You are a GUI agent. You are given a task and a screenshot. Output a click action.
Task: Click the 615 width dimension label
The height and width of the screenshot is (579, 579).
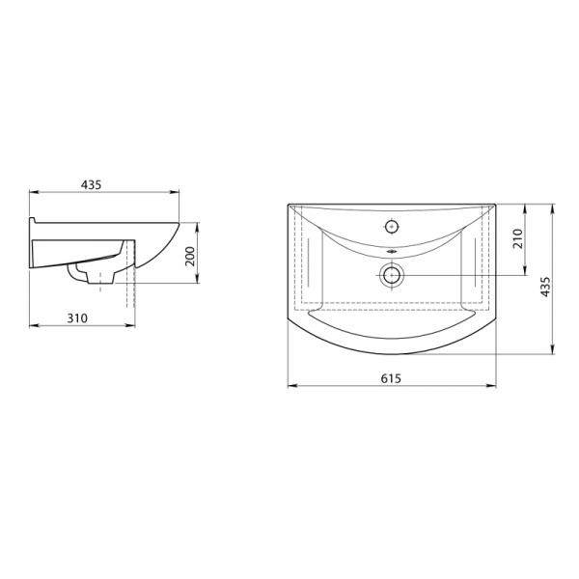[x=391, y=378]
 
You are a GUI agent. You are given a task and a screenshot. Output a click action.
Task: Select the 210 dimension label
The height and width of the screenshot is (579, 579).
[x=518, y=238]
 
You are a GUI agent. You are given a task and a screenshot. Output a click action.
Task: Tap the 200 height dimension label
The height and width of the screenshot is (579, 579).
[x=190, y=257]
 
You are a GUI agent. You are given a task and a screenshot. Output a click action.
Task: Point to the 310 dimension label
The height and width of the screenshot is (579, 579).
[x=77, y=317]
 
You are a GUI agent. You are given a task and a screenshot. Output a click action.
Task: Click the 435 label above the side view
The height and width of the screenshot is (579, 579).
[x=91, y=184]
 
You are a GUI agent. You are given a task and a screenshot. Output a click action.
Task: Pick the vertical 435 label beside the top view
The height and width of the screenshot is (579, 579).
[x=545, y=287]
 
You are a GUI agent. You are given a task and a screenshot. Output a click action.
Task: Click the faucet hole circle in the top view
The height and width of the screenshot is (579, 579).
[x=392, y=227]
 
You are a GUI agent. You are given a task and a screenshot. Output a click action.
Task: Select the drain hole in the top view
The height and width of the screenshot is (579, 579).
[x=392, y=275]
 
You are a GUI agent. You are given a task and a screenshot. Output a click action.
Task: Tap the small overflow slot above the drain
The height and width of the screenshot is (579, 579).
[x=392, y=252]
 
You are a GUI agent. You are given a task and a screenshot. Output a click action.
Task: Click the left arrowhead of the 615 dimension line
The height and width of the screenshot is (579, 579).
[x=292, y=386]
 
